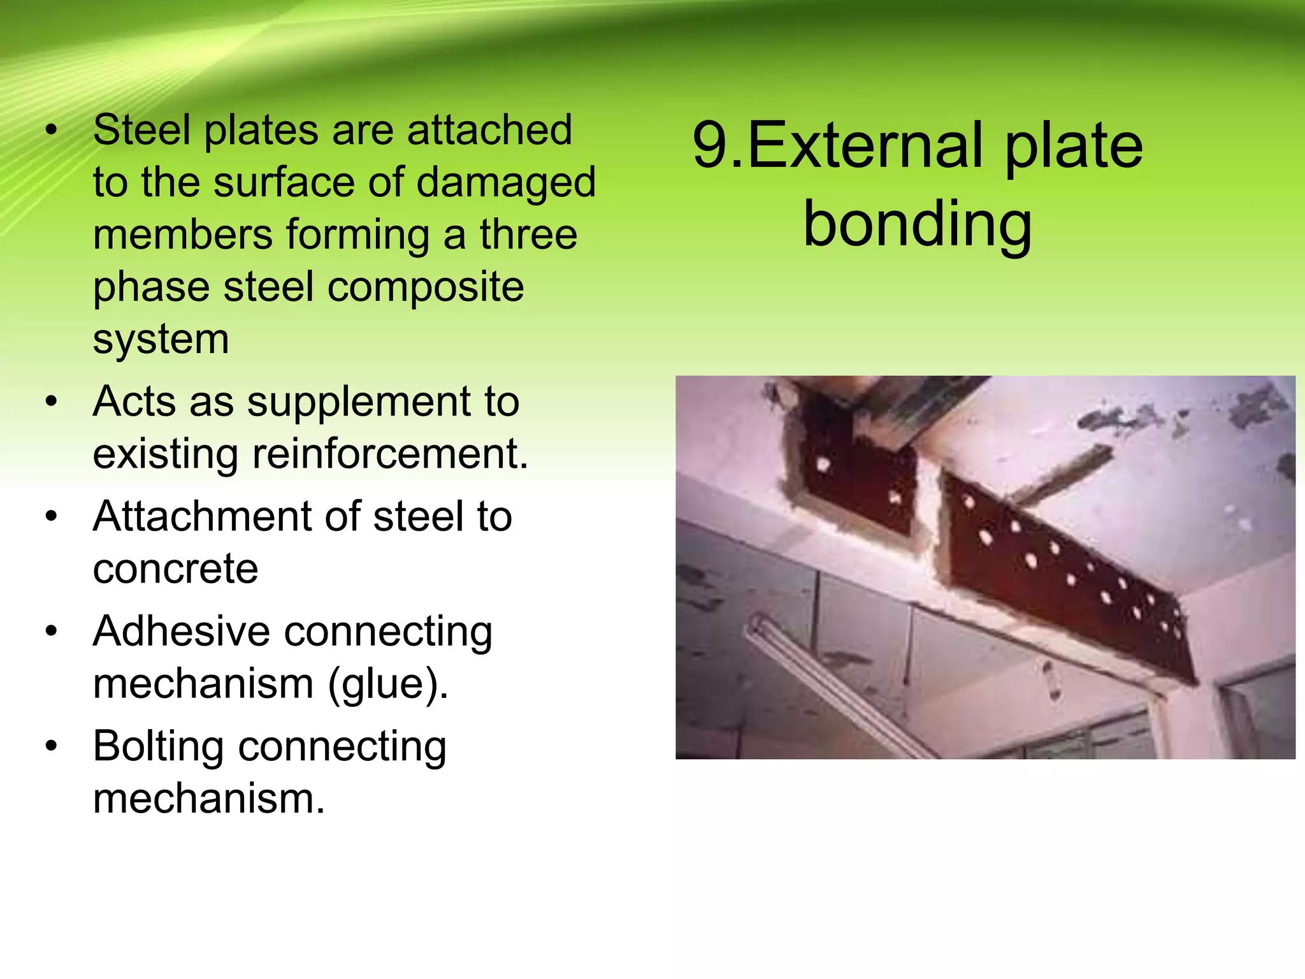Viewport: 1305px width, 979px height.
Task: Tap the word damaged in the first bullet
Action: (506, 184)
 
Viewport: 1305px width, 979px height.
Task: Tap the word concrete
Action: (175, 569)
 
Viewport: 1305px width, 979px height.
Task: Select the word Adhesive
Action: (181, 632)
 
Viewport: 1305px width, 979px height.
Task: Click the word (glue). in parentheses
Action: (388, 685)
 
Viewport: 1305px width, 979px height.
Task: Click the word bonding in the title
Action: (917, 224)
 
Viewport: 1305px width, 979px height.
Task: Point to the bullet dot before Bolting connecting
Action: (52, 745)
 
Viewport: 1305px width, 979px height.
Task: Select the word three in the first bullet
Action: (528, 235)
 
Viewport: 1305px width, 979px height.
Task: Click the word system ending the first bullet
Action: (161, 339)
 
